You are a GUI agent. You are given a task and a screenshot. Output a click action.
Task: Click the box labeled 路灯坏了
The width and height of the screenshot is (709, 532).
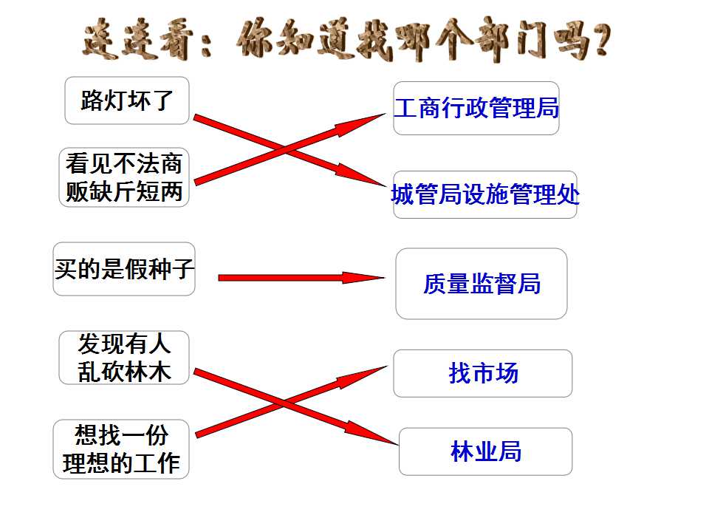click(126, 100)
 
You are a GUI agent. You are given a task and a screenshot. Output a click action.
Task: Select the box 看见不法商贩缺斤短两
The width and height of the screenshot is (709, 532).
click(124, 177)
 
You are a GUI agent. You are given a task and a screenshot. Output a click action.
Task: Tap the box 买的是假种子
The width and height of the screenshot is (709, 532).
click(124, 269)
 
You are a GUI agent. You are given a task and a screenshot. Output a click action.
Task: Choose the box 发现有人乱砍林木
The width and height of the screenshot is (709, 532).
click(124, 358)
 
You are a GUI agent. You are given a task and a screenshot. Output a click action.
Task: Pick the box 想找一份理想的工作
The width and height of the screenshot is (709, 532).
click(120, 449)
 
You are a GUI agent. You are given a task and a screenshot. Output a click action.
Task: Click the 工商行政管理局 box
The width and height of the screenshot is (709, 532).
click(476, 108)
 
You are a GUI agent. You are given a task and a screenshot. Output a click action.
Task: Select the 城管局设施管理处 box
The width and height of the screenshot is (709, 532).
click(484, 194)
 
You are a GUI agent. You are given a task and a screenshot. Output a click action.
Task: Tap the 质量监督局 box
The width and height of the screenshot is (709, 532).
click(481, 284)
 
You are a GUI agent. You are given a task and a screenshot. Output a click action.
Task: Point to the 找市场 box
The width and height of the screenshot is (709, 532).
click(482, 373)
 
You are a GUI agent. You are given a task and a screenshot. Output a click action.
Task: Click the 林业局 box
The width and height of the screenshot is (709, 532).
click(485, 451)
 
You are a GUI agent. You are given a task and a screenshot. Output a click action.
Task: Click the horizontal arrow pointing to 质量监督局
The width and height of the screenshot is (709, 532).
click(301, 277)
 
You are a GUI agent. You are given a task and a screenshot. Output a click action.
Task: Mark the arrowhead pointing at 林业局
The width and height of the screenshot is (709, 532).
click(371, 433)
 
